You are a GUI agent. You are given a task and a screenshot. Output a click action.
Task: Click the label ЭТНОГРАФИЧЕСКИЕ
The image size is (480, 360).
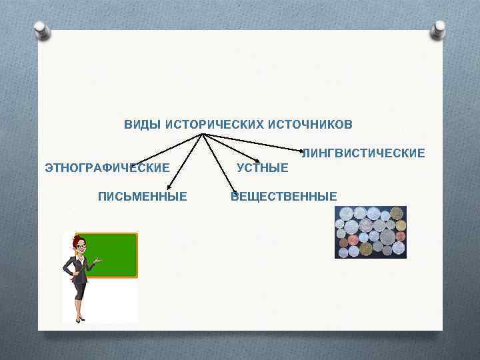tap(107, 167)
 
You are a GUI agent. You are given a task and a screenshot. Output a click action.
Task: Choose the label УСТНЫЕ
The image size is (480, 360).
tap(263, 167)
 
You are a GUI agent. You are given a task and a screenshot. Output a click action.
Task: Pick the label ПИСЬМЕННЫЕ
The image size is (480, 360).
tap(142, 196)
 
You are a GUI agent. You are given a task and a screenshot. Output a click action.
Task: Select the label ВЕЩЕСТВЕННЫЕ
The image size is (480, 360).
tap(284, 196)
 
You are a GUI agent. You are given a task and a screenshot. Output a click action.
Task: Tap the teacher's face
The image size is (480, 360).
tap(81, 247)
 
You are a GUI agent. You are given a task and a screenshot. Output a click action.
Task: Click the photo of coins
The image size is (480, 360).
tap(370, 231)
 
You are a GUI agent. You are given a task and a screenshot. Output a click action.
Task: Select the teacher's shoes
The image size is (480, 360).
tap(80, 319)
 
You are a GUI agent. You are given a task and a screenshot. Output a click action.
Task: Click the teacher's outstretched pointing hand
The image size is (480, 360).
tap(98, 261)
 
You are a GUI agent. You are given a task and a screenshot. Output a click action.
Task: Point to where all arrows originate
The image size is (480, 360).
tap(203, 135)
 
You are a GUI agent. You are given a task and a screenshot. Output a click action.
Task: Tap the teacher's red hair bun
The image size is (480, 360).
tap(77, 237)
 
